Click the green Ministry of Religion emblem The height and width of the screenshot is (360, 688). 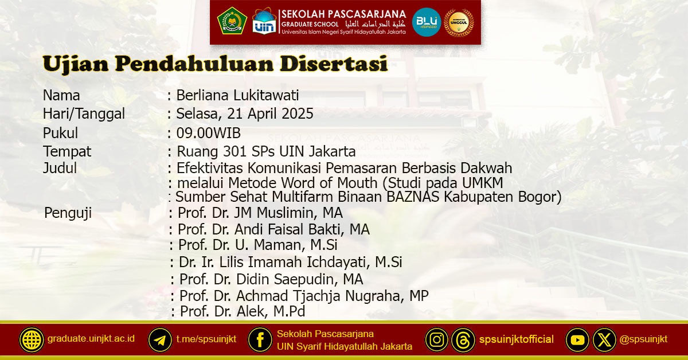pyautogui.click(x=232, y=22)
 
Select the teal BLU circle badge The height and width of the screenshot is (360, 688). pyautogui.click(x=427, y=22)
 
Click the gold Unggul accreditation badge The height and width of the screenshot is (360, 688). pyautogui.click(x=459, y=22)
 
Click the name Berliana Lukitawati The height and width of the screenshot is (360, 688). pyautogui.click(x=238, y=95)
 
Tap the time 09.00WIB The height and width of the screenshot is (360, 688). pyautogui.click(x=209, y=133)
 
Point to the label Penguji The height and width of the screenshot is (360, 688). pyautogui.click(x=68, y=213)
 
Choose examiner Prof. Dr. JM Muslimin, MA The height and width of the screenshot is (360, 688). pyautogui.click(x=260, y=213)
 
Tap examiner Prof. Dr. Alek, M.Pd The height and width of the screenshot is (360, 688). pyautogui.click(x=243, y=312)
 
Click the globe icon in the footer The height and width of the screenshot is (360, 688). pyautogui.click(x=32, y=340)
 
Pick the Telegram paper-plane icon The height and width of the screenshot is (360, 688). pyautogui.click(x=160, y=340)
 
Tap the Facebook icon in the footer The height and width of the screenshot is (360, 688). pyautogui.click(x=260, y=340)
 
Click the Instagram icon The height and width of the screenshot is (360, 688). pyautogui.click(x=437, y=340)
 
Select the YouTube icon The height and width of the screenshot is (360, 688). pyautogui.click(x=578, y=340)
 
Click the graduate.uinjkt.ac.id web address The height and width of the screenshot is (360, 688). pyautogui.click(x=91, y=338)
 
